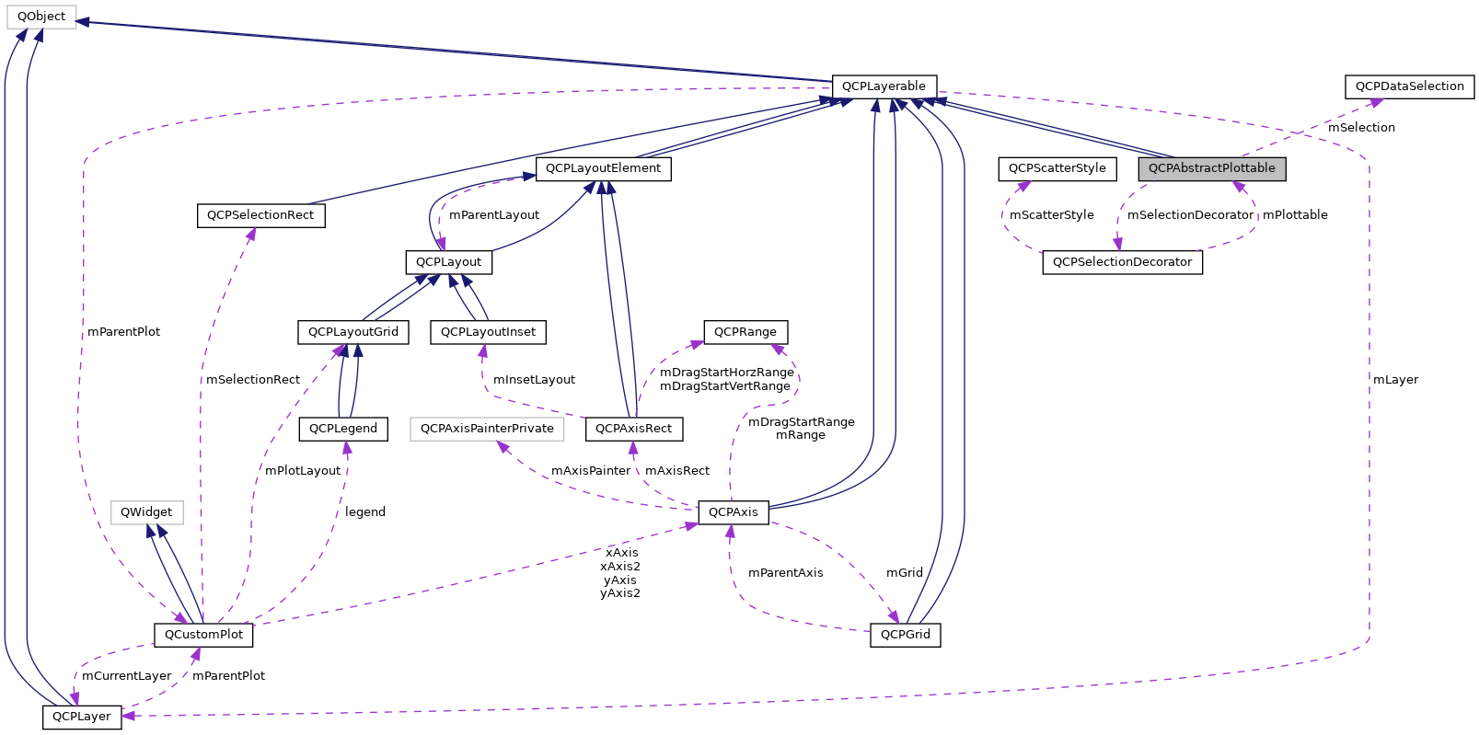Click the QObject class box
click(41, 17)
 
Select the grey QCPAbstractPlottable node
click(1211, 168)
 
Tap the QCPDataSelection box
click(1409, 86)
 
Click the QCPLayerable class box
click(884, 86)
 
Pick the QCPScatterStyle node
click(1057, 168)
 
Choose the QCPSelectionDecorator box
click(1122, 262)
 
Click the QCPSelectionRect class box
click(260, 215)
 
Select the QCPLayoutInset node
click(488, 332)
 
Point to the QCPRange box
click(745, 332)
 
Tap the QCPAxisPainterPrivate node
click(487, 429)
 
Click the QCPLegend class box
click(343, 429)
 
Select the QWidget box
click(146, 512)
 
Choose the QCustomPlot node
click(203, 635)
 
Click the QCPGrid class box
click(905, 635)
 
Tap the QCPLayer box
click(81, 717)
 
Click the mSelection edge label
click(1361, 128)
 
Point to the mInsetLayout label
click(534, 380)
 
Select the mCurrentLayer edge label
click(126, 676)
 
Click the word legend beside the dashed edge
click(365, 512)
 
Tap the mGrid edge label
click(904, 573)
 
